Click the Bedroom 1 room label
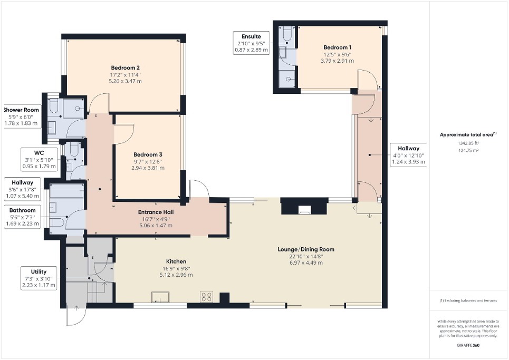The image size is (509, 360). point(338,47)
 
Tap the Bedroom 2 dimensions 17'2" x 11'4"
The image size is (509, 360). point(125,75)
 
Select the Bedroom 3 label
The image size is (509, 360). point(148,154)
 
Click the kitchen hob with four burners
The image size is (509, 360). point(206,296)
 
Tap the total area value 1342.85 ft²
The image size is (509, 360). point(467,143)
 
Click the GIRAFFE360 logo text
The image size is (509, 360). point(468,345)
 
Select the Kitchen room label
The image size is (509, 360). point(176,261)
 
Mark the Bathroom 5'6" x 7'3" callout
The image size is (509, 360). point(24,217)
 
